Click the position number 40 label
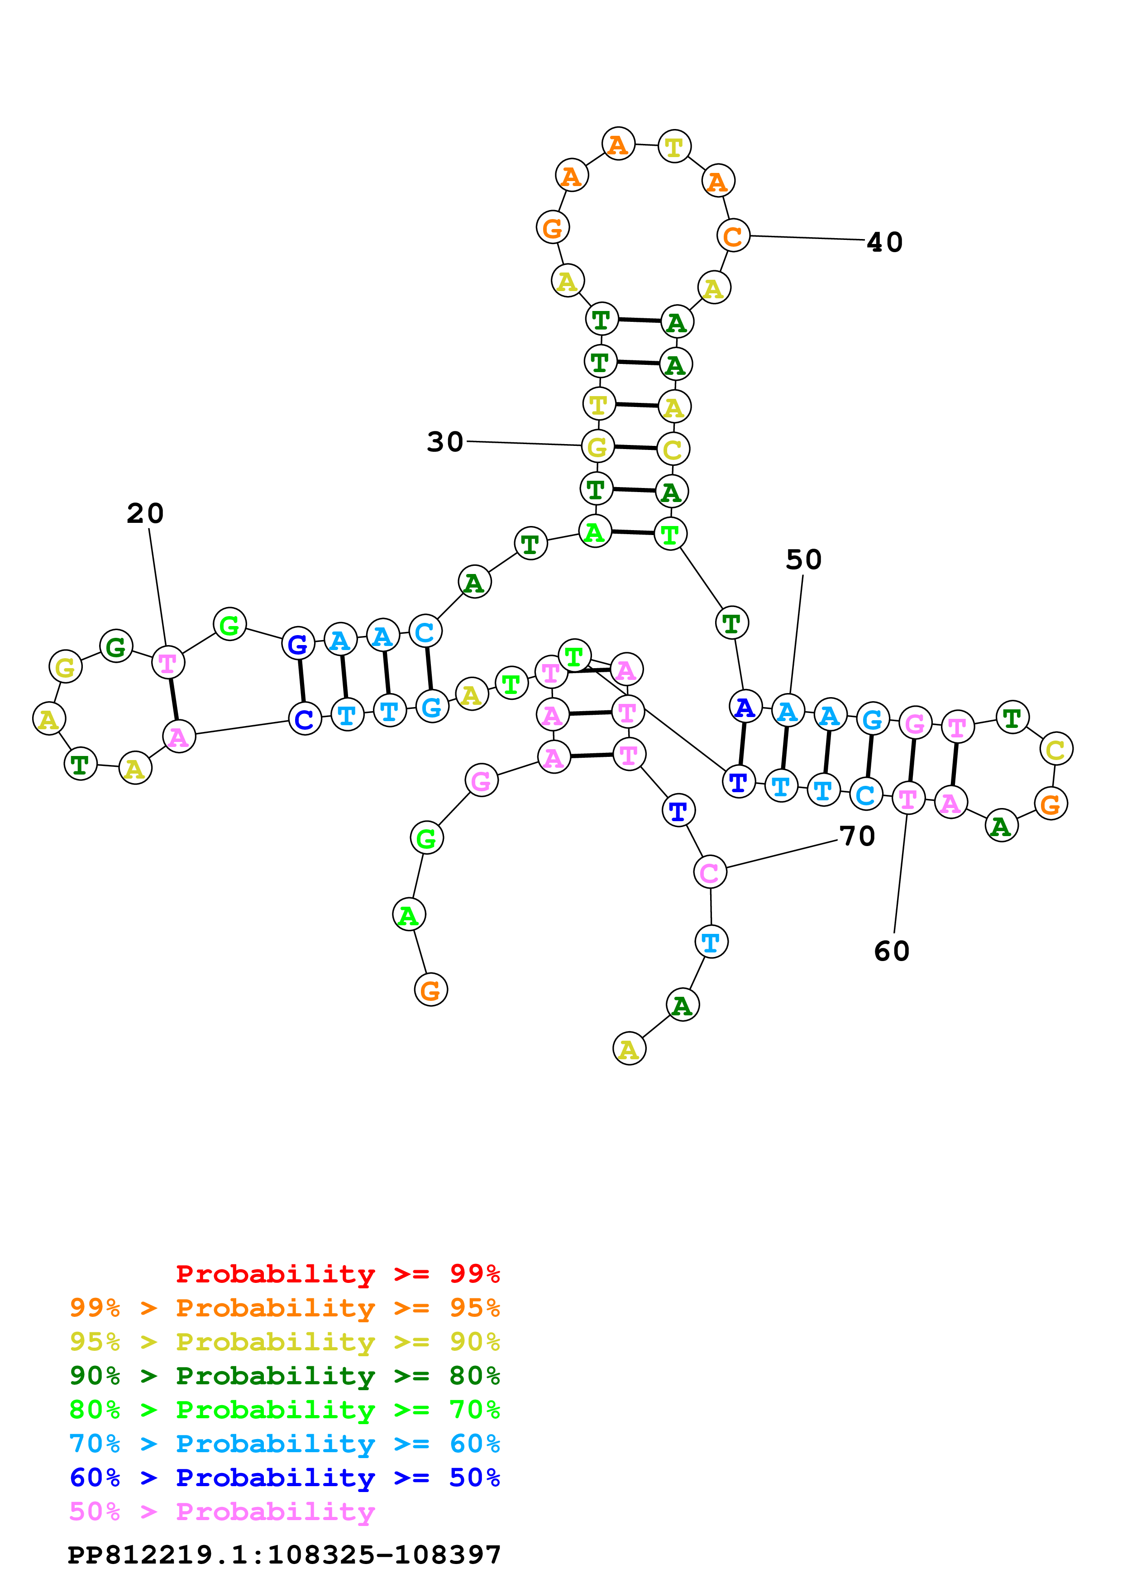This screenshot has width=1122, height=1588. tap(884, 242)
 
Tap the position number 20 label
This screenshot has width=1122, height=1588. tap(145, 513)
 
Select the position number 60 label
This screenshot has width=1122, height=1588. tap(892, 951)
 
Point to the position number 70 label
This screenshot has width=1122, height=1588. tap(857, 836)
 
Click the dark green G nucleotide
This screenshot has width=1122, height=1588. tap(116, 647)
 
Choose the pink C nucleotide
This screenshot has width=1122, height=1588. tap(710, 873)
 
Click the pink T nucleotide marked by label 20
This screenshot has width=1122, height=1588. tap(168, 663)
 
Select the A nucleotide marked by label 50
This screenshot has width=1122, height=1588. tap(788, 711)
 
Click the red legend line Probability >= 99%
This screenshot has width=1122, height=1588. tap(337, 1274)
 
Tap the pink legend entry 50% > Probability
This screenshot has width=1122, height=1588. tap(222, 1512)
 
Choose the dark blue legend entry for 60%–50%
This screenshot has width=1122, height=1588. tap(284, 1478)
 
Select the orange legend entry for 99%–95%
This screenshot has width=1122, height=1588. tap(284, 1308)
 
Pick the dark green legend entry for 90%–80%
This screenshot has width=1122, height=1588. tap(284, 1376)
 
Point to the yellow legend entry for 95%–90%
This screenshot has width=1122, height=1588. tap(284, 1342)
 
